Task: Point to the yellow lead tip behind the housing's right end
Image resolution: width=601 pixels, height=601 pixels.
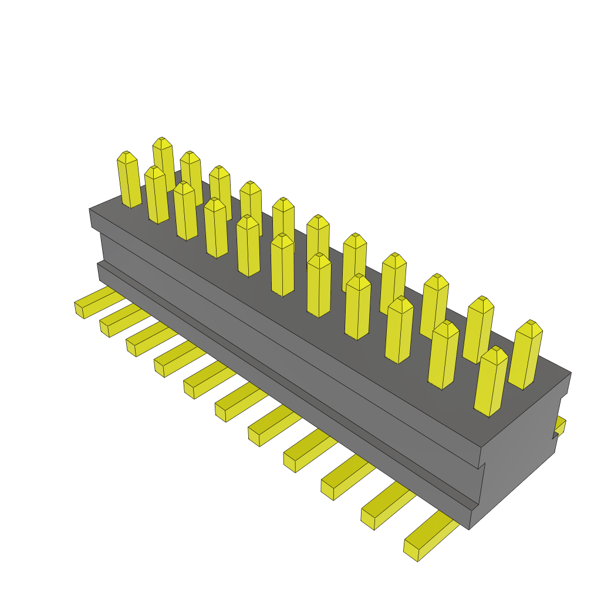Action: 561,426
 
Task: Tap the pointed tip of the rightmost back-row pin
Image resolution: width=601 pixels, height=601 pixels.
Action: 532,324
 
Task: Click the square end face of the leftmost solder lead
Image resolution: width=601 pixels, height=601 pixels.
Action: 79,310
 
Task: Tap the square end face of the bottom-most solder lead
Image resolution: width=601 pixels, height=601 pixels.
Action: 411,551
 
